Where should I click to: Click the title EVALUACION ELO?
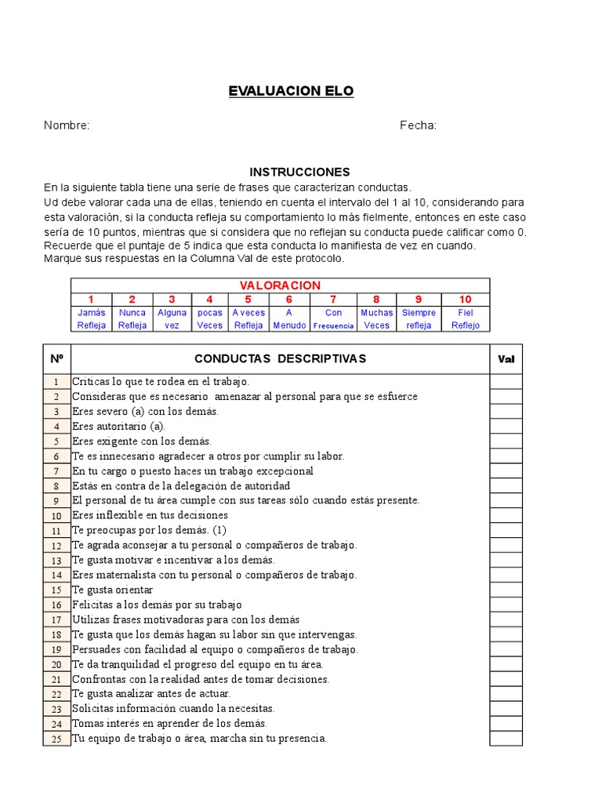(x=291, y=91)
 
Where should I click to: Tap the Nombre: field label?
(x=67, y=125)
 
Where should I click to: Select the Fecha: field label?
(x=418, y=125)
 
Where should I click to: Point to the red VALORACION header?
(x=280, y=285)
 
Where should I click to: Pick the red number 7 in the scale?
(x=333, y=299)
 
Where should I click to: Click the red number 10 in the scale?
(x=466, y=299)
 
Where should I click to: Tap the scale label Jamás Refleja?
(x=91, y=319)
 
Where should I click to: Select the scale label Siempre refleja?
(x=419, y=319)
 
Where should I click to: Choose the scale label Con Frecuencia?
(x=333, y=319)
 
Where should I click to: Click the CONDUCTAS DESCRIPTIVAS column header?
(x=280, y=359)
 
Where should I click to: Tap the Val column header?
(x=506, y=359)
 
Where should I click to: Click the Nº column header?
(x=56, y=359)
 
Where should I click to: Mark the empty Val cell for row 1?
(x=506, y=382)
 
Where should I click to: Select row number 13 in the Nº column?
(x=56, y=561)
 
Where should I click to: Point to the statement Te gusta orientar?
(x=113, y=590)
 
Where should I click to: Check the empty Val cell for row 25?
(x=506, y=739)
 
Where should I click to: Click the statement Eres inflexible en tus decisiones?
(x=150, y=515)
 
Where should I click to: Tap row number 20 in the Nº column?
(x=56, y=664)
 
